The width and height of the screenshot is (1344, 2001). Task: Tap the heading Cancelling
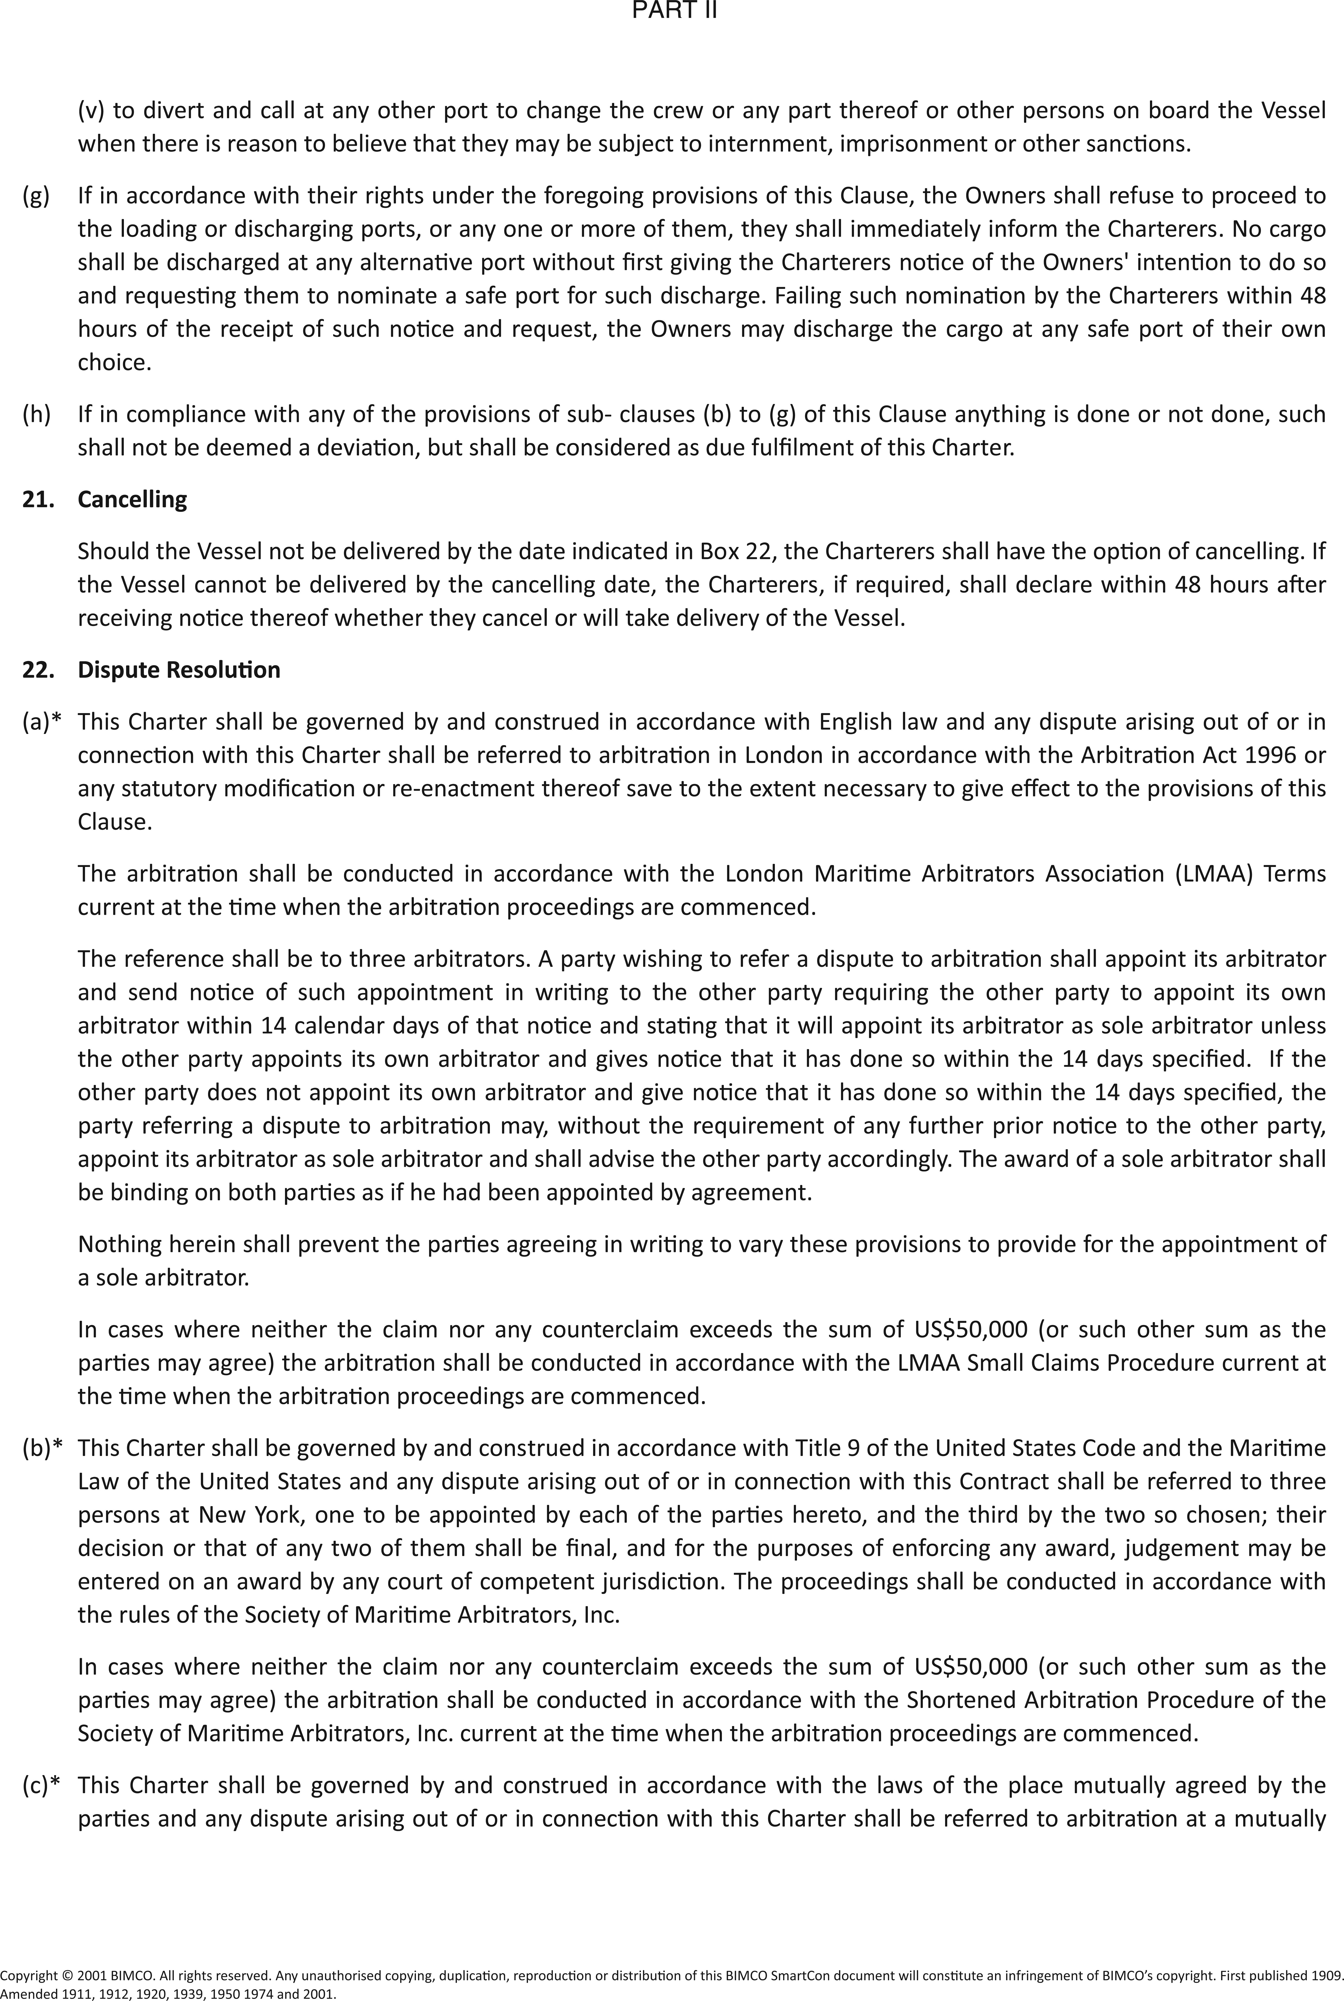tap(132, 500)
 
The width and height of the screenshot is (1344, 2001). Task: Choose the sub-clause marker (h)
tap(36, 415)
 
